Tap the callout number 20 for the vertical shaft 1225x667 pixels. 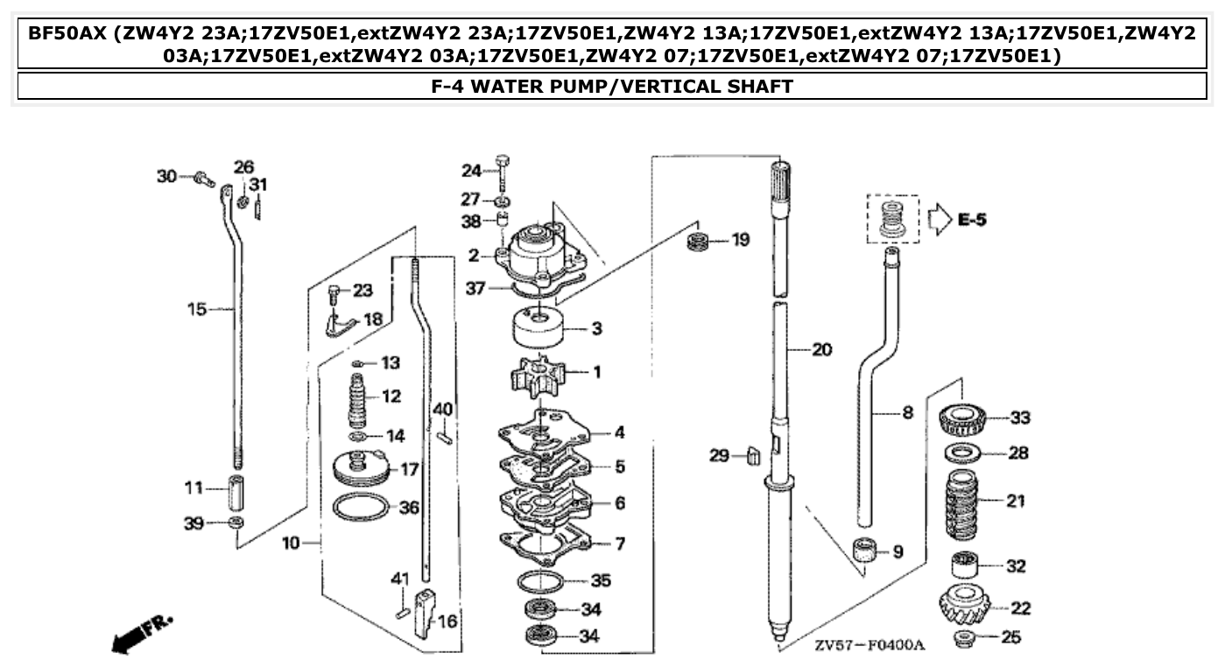[x=820, y=350]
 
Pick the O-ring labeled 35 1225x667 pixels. [x=540, y=581]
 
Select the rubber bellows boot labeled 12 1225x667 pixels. [x=361, y=399]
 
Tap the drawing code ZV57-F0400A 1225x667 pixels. [x=869, y=646]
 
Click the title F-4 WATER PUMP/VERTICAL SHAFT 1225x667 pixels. [x=612, y=87]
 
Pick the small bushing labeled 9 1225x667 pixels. [x=866, y=551]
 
